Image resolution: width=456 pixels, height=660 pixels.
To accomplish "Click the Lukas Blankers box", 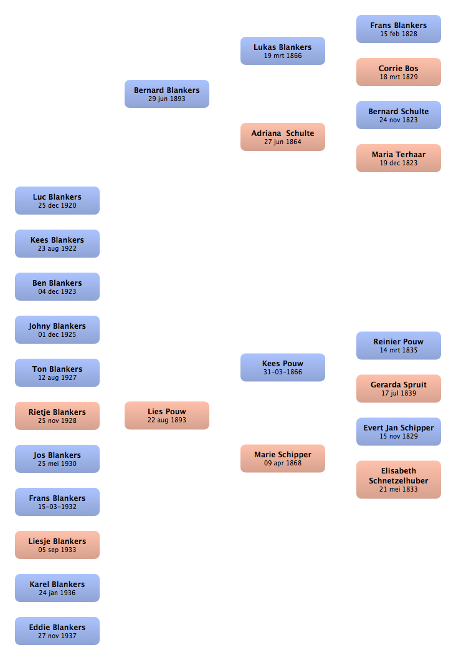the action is pyautogui.click(x=282, y=51).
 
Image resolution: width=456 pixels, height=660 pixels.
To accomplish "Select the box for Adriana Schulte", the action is pyautogui.click(x=282, y=137).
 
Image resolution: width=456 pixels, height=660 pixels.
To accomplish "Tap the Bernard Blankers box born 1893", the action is pyautogui.click(x=167, y=94).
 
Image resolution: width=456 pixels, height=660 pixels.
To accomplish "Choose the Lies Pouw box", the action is pyautogui.click(x=167, y=415).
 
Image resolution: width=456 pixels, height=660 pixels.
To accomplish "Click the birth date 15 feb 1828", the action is pyautogui.click(x=399, y=34).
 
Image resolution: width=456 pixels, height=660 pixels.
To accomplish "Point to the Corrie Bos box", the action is pyautogui.click(x=399, y=72).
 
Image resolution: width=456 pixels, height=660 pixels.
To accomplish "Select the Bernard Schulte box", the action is pyautogui.click(x=399, y=115).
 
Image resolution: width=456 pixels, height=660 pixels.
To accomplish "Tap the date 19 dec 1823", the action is pyautogui.click(x=399, y=163).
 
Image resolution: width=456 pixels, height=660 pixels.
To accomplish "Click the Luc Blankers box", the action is pyautogui.click(x=57, y=201).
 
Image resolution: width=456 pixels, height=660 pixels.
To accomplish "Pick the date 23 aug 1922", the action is pyautogui.click(x=57, y=249).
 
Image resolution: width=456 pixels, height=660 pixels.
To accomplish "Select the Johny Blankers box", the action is pyautogui.click(x=57, y=329).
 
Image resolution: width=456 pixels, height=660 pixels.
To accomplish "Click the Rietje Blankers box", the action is pyautogui.click(x=57, y=416).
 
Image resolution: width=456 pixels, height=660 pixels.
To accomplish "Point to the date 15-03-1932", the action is pyautogui.click(x=57, y=507).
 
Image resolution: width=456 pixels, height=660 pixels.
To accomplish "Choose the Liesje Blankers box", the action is pyautogui.click(x=57, y=545).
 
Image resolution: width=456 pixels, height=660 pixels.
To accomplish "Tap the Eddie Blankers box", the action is pyautogui.click(x=57, y=631).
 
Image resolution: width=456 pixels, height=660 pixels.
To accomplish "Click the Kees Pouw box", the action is pyautogui.click(x=282, y=367).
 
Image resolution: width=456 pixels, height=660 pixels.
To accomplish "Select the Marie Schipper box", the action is pyautogui.click(x=282, y=459).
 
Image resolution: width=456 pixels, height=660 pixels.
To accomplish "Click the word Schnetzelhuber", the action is pyautogui.click(x=399, y=481).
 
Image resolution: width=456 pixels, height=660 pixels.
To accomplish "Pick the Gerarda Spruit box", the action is pyautogui.click(x=399, y=389).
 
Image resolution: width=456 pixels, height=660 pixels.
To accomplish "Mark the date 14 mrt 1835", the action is pyautogui.click(x=399, y=350).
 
